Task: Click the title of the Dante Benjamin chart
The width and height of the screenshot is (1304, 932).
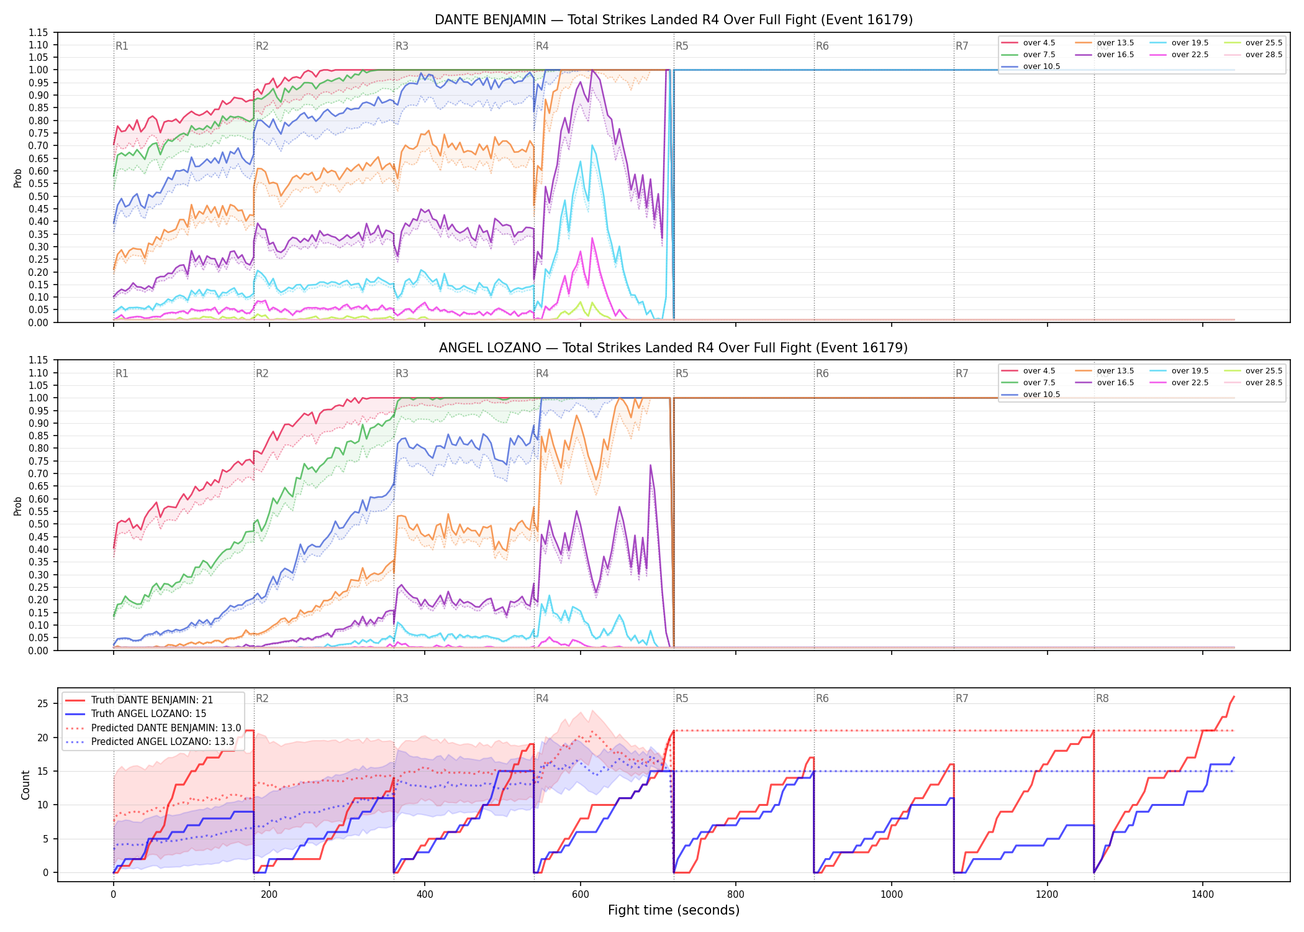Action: coord(674,20)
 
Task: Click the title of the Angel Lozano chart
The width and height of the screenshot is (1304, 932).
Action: coord(674,348)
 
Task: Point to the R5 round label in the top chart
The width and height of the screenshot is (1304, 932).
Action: coord(682,46)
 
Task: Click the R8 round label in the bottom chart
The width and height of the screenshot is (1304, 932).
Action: coord(1102,698)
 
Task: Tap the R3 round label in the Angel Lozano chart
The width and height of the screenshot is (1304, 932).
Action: coord(402,373)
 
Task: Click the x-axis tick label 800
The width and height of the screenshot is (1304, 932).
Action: coord(736,895)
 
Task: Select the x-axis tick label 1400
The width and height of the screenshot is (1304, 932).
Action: coord(1203,895)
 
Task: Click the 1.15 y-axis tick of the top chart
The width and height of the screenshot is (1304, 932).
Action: coord(38,32)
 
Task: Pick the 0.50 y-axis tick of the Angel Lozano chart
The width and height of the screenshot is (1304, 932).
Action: coord(38,524)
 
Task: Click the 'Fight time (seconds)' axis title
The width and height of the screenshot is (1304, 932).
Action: coord(674,910)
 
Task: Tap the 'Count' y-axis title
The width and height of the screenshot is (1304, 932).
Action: coord(25,785)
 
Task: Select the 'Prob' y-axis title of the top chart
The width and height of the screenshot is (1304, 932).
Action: coord(17,178)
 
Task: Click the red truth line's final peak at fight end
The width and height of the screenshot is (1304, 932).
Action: coord(1234,697)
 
